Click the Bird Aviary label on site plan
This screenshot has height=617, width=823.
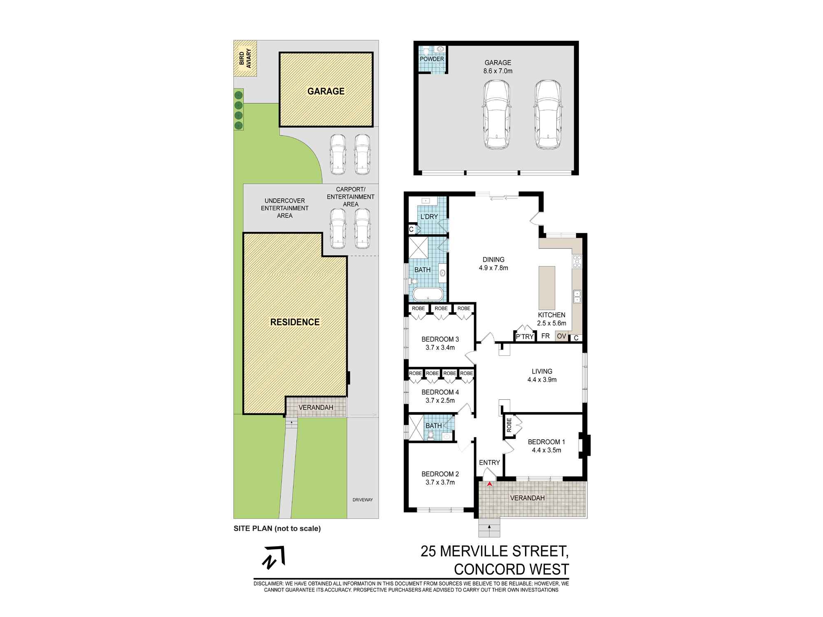(x=245, y=58)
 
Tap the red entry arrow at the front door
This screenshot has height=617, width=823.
(x=489, y=485)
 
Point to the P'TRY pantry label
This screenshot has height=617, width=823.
(x=525, y=337)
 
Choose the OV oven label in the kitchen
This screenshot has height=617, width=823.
(x=561, y=336)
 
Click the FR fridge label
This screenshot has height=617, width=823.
(x=546, y=336)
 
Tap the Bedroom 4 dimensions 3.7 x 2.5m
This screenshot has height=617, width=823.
(x=440, y=400)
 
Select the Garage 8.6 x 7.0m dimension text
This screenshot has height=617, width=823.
(x=498, y=71)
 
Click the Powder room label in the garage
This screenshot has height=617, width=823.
(x=432, y=59)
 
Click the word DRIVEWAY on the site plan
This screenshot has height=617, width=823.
(x=363, y=500)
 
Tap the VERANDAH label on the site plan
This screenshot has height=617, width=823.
(x=316, y=407)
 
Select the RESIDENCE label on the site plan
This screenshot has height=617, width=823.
(x=295, y=322)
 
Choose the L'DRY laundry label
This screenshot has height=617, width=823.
(x=428, y=217)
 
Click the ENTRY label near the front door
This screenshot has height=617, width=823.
(x=489, y=463)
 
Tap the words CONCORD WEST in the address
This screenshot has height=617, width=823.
(x=511, y=569)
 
